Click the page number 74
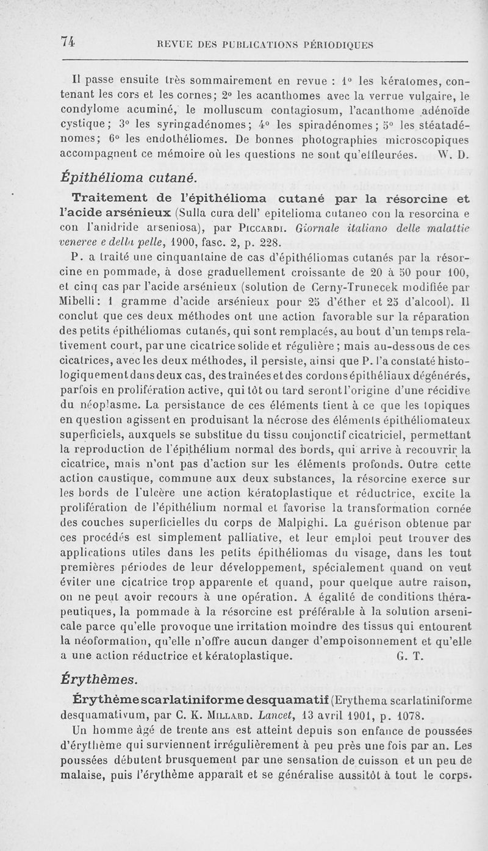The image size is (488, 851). coord(68,41)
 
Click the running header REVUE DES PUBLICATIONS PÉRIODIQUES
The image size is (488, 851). coord(265,45)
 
